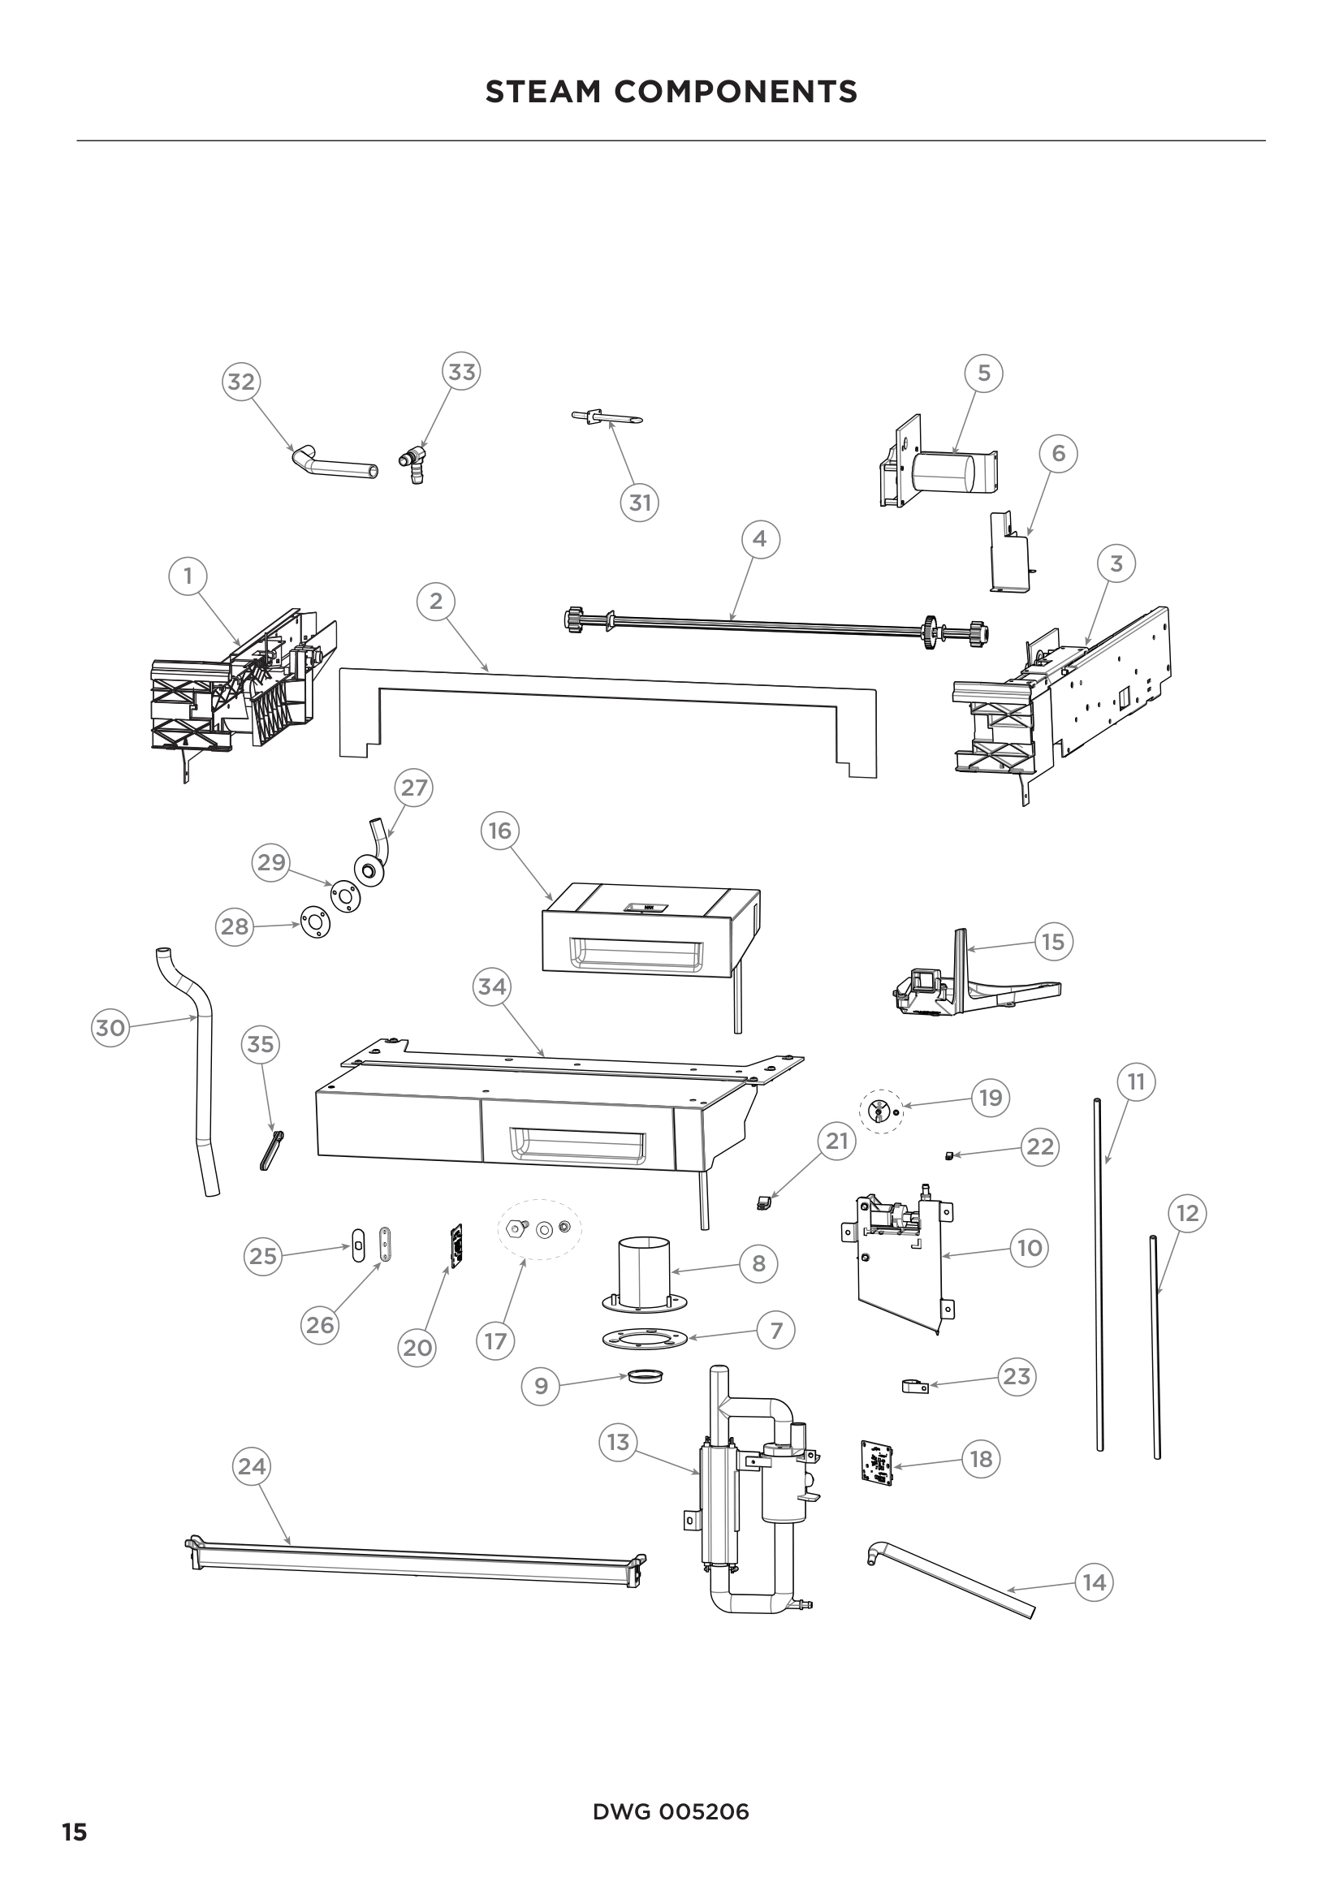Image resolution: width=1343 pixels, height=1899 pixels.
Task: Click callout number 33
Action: (461, 372)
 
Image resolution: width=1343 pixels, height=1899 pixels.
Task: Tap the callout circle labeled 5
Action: (983, 373)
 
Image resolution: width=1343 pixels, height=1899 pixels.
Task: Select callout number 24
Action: (252, 1466)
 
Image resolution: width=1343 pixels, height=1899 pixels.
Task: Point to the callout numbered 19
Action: (990, 1098)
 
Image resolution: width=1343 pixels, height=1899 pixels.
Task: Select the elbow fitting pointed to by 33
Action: (415, 460)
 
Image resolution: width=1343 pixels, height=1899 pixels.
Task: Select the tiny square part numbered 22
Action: (950, 1155)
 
